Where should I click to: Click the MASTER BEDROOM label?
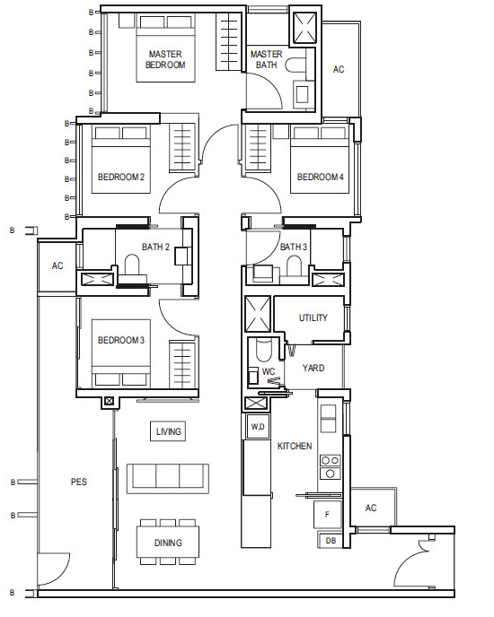(x=165, y=59)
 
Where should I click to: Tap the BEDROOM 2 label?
(x=121, y=177)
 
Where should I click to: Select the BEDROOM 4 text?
(x=320, y=177)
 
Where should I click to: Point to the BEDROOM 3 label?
(x=121, y=340)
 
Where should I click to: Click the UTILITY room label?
(x=313, y=317)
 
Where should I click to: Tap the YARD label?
(x=313, y=368)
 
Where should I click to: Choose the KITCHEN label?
(x=295, y=446)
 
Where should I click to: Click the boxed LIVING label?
(x=168, y=431)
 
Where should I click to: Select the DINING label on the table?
(x=168, y=543)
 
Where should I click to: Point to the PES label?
(x=79, y=482)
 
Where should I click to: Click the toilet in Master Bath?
(x=295, y=65)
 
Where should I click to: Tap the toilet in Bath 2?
(x=132, y=265)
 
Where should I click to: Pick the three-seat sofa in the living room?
(x=168, y=479)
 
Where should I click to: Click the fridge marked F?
(x=327, y=514)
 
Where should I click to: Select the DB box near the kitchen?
(x=331, y=541)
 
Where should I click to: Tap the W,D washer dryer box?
(x=258, y=427)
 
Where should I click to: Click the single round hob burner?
(x=331, y=474)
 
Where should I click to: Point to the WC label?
(x=269, y=371)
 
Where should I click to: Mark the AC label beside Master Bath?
(x=339, y=69)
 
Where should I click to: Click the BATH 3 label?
(x=294, y=247)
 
